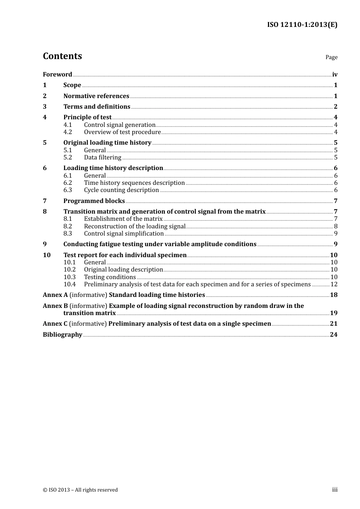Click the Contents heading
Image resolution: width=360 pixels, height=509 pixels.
(62, 56)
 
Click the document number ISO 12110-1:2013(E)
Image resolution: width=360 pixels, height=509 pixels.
(302, 25)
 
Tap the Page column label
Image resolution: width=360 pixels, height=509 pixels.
(331, 57)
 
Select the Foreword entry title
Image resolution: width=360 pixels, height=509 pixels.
(57, 75)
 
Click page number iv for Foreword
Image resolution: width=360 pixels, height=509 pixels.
(335, 75)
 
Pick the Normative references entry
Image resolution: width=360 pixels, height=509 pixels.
(96, 96)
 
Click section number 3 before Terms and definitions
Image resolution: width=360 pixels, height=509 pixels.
(45, 107)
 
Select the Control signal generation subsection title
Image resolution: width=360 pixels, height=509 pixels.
(120, 125)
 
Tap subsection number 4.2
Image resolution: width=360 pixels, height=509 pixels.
(67, 132)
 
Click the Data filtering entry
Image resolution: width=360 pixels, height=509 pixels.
(103, 158)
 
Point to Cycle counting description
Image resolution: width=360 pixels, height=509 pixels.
(121, 190)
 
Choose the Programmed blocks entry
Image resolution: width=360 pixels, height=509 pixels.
(94, 201)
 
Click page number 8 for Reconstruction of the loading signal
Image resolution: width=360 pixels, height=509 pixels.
(336, 226)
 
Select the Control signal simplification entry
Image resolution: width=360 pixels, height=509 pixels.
(124, 234)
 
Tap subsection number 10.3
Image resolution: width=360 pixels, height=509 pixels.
(69, 277)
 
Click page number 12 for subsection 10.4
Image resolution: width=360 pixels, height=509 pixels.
(334, 284)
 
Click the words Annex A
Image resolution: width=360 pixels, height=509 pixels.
(55, 295)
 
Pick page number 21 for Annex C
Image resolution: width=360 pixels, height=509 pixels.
(333, 324)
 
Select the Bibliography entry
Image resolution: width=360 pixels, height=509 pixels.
(63, 335)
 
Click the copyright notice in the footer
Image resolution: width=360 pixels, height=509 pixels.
(80, 490)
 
